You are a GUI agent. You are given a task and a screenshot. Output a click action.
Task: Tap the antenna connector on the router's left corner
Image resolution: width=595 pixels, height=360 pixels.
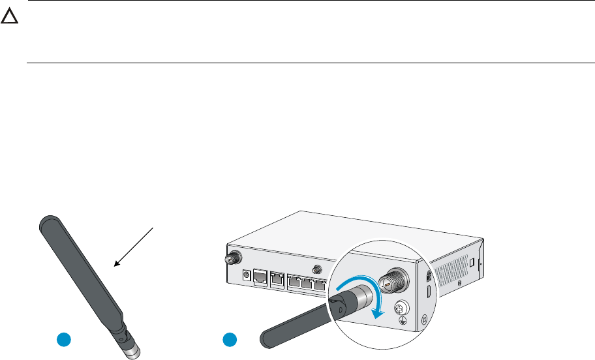[230, 258]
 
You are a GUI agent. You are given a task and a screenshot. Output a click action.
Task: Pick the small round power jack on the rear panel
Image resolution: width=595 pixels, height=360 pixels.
[247, 275]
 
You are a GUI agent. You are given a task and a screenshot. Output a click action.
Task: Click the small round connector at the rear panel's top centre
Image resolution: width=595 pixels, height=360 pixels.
[317, 269]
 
